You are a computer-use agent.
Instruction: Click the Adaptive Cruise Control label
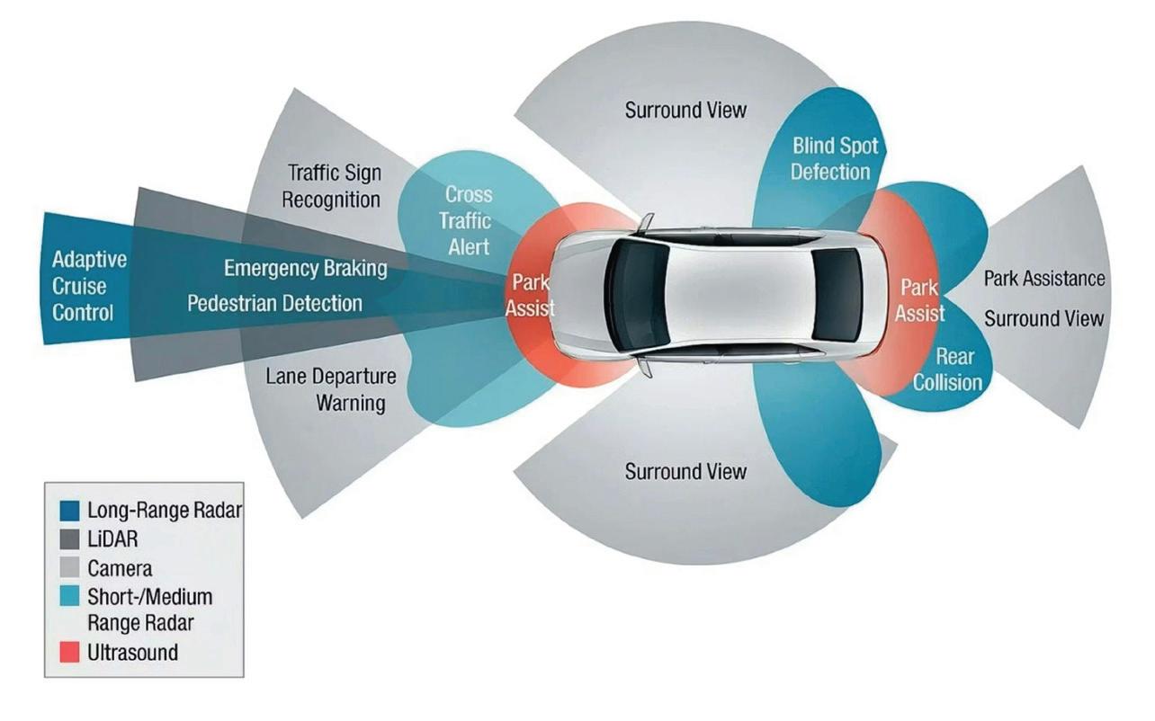[x=89, y=287]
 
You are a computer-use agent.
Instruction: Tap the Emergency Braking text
[x=306, y=268]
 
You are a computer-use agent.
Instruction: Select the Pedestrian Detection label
[x=275, y=304]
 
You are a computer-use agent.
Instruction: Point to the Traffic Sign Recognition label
[x=332, y=186]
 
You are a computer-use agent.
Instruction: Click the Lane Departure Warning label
[x=331, y=388]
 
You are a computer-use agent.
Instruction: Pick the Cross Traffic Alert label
[x=469, y=220]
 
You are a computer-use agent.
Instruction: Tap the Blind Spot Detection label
[x=835, y=158]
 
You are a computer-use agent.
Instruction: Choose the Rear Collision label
[x=947, y=369]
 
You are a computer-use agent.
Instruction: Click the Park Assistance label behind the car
[x=1043, y=279]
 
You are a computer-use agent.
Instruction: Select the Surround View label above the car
[x=685, y=111]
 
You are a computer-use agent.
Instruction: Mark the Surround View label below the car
[x=685, y=471]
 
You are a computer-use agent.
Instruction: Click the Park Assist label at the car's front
[x=530, y=296]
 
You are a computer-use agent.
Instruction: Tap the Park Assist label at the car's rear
[x=919, y=300]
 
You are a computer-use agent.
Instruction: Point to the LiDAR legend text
[x=112, y=539]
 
